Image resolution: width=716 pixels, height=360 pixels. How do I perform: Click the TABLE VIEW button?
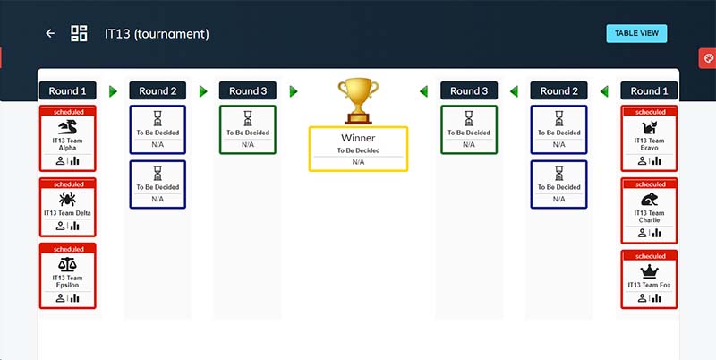tap(636, 33)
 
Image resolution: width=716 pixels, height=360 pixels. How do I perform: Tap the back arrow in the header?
tap(50, 33)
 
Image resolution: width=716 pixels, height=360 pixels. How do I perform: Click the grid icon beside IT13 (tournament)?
tap(79, 33)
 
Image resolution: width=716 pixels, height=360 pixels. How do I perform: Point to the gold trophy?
tap(358, 99)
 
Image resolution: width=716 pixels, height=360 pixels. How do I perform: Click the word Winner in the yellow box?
tap(358, 138)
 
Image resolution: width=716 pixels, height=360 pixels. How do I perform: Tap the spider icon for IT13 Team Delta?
tap(67, 198)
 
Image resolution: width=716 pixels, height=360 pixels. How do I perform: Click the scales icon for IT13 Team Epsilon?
tap(67, 266)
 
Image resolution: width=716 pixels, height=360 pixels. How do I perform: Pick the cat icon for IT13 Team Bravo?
tap(650, 128)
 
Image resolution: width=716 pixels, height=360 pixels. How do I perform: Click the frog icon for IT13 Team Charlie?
tap(650, 200)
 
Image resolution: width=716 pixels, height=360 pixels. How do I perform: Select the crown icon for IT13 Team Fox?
tap(650, 270)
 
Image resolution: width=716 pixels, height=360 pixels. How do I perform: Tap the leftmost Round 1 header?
tap(68, 90)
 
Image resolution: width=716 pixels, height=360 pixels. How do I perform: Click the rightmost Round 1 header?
tap(649, 90)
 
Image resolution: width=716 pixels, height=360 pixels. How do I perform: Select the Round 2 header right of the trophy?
tap(558, 90)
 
